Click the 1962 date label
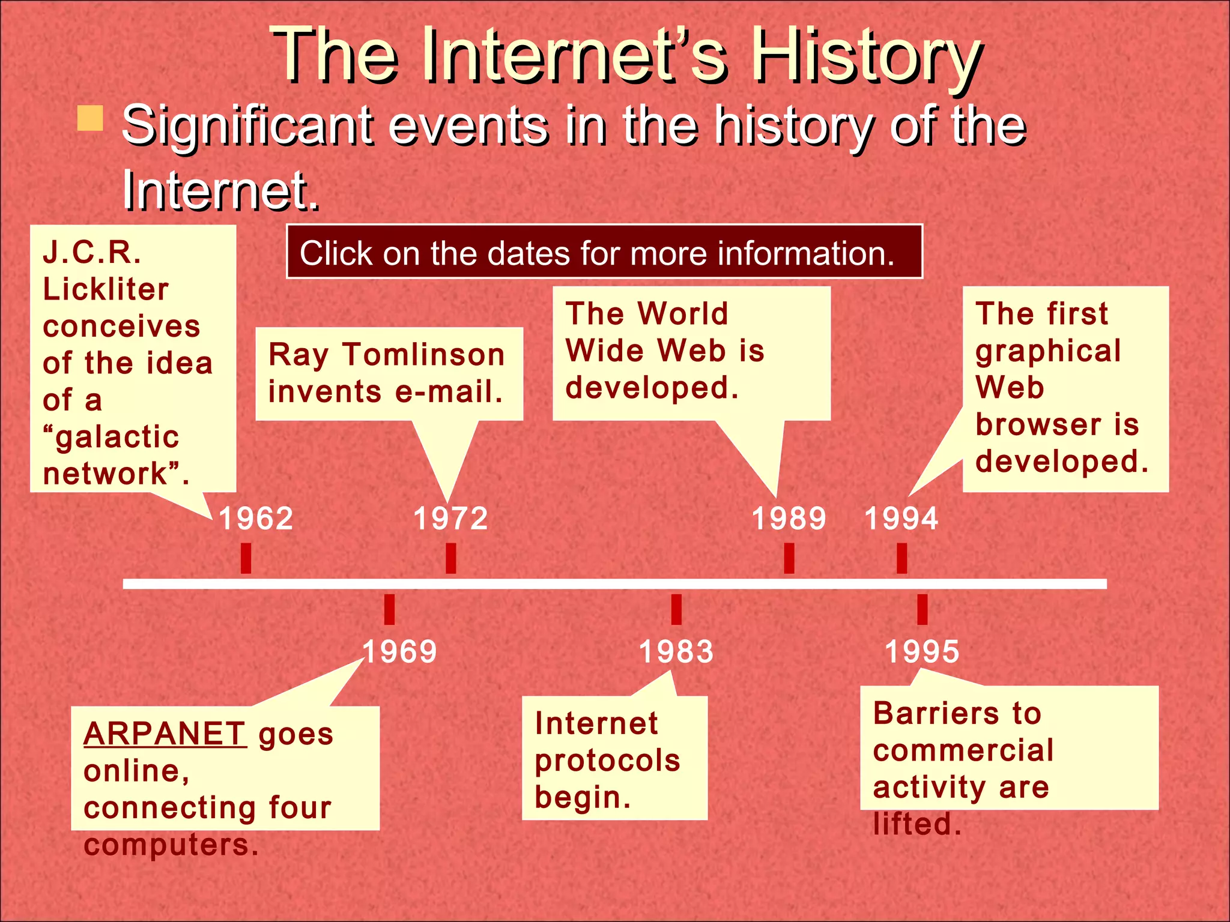pos(256,519)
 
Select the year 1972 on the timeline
pos(451,519)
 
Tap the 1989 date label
pos(789,519)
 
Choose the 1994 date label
pos(901,519)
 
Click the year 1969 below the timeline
pos(399,652)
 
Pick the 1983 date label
pos(676,652)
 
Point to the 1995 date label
pos(922,652)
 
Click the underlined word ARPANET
pos(165,734)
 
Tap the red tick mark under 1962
pos(246,558)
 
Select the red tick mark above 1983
pos(676,609)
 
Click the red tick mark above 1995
pos(922,609)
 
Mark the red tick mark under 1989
pos(789,558)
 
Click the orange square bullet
pos(90,118)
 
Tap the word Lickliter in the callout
pos(106,289)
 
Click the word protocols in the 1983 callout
pos(607,761)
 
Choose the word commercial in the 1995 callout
pos(963,750)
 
